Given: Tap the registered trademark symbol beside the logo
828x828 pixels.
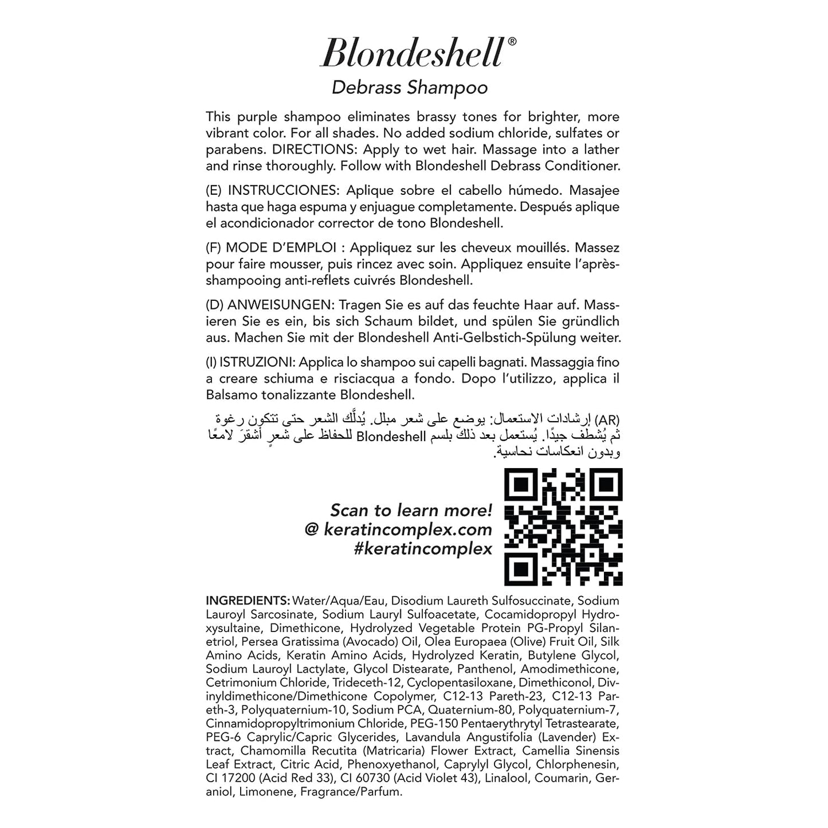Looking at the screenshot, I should coord(512,41).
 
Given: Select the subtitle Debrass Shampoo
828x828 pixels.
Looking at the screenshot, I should coord(410,88).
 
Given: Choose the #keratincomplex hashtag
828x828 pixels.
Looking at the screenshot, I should coord(423,548).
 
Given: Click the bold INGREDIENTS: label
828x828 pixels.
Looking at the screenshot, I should coord(248,601).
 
